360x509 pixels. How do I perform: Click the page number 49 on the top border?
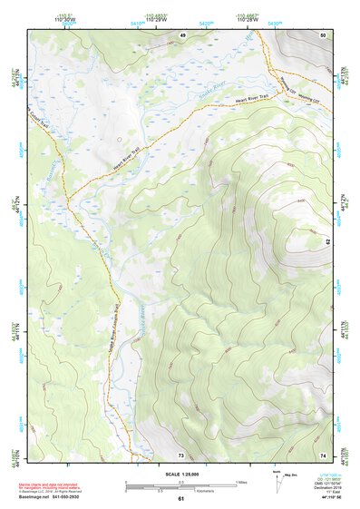click(181, 34)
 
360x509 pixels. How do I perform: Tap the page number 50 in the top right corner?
click(323, 34)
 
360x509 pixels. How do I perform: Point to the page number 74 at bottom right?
click(323, 454)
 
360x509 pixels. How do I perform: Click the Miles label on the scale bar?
click(242, 481)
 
